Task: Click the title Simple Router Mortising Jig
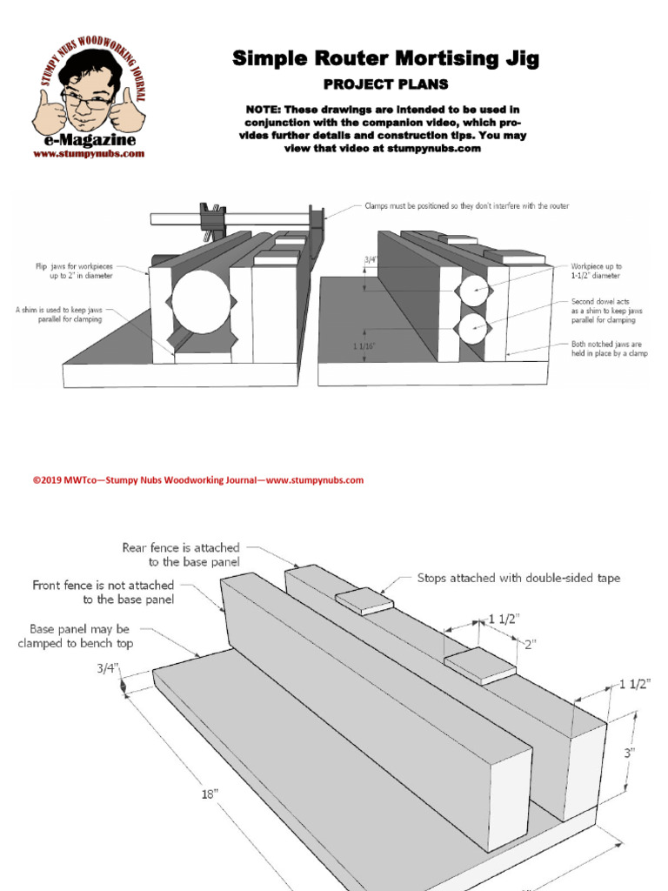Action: tap(385, 59)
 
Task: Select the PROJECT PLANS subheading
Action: tap(385, 84)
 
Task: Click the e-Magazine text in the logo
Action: tap(89, 139)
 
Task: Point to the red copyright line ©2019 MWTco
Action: tap(197, 479)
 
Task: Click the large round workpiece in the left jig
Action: tap(201, 301)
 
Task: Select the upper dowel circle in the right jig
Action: tap(474, 288)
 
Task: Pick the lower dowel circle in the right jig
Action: tap(474, 329)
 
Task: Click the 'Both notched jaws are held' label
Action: tap(609, 348)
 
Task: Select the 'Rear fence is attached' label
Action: tap(180, 554)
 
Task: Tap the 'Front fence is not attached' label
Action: tap(103, 592)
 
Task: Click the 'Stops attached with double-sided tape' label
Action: tap(518, 578)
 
